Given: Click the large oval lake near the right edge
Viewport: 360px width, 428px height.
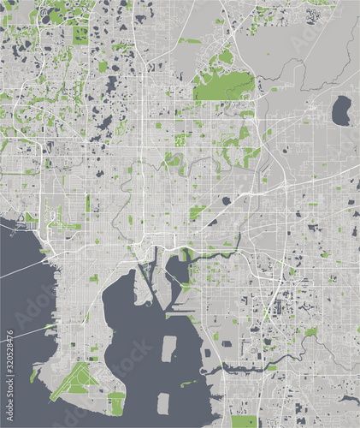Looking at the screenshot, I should tap(341, 110).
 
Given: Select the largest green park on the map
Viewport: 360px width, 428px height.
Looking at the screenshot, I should tap(224, 85).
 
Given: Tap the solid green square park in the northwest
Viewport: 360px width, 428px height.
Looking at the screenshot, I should tap(80, 35).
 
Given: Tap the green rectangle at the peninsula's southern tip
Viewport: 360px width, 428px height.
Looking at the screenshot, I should tap(117, 403).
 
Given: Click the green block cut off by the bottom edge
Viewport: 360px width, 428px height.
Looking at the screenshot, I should tap(244, 421).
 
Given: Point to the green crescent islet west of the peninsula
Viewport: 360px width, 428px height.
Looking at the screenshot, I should tap(34, 374).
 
